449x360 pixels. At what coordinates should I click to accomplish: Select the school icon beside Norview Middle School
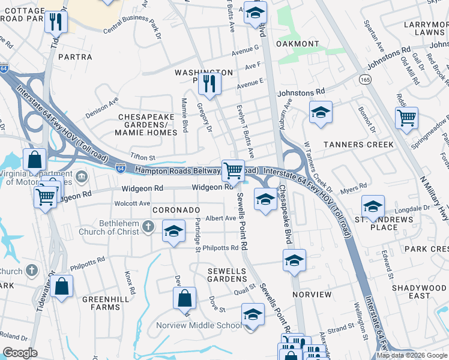253,314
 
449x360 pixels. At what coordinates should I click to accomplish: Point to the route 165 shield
365,79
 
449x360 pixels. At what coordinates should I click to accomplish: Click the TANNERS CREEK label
358,145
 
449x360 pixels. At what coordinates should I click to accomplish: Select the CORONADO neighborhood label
176,210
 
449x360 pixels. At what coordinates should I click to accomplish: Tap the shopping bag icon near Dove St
185,298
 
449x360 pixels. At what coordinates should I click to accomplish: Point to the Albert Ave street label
221,218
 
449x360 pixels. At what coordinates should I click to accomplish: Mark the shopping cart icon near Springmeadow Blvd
406,117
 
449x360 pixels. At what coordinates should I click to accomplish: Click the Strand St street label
341,328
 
